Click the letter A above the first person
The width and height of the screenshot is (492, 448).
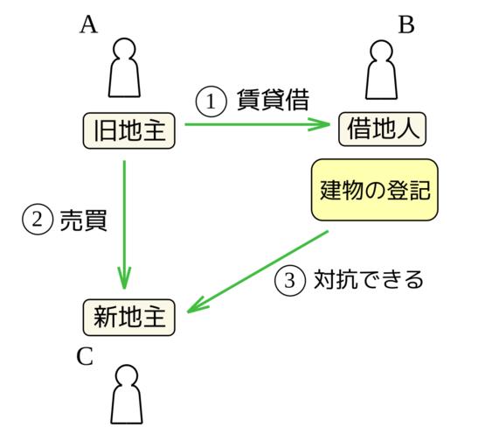pyautogui.click(x=89, y=24)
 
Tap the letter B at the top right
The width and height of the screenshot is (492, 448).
pyautogui.click(x=406, y=24)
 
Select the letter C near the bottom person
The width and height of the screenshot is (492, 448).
pyautogui.click(x=85, y=356)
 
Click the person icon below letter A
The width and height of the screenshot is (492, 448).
pyautogui.click(x=124, y=67)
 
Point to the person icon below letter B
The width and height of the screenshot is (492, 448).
pyautogui.click(x=382, y=70)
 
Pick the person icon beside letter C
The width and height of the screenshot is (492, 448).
pyautogui.click(x=127, y=395)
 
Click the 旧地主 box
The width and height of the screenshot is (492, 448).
pyautogui.click(x=128, y=130)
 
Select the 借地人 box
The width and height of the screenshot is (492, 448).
pyautogui.click(x=382, y=129)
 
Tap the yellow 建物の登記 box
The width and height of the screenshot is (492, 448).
pyautogui.click(x=375, y=190)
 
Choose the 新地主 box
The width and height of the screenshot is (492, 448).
pyautogui.click(x=129, y=318)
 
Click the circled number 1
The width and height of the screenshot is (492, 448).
pyautogui.click(x=211, y=101)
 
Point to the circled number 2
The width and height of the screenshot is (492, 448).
pyautogui.click(x=38, y=220)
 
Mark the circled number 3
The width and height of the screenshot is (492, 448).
pyautogui.click(x=289, y=281)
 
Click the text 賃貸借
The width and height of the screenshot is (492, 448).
pyautogui.click(x=273, y=101)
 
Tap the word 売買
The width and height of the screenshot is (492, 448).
pyautogui.click(x=84, y=220)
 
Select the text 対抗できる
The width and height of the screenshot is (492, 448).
pyautogui.click(x=369, y=280)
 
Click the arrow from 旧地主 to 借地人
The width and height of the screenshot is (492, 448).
pyautogui.click(x=257, y=124)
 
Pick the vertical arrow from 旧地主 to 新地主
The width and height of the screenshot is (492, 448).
pyautogui.click(x=125, y=225)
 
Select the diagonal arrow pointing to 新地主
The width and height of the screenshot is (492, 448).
pyautogui.click(x=258, y=272)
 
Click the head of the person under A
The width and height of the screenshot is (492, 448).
pyautogui.click(x=124, y=49)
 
